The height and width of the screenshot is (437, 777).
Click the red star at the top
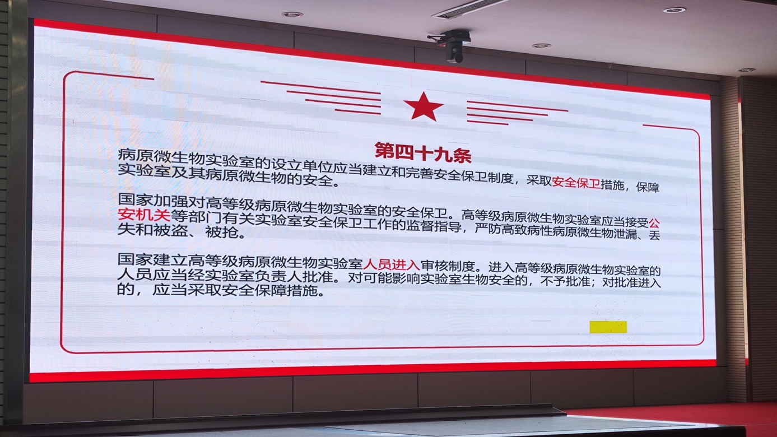point(423,106)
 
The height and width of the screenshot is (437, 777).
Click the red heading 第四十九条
point(423,153)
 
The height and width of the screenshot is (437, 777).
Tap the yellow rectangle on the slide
point(608,327)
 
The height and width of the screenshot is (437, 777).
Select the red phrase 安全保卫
point(576,183)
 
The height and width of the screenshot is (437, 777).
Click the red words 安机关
point(144,215)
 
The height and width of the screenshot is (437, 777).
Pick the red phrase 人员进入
point(392,265)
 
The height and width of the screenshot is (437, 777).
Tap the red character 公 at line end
point(654,222)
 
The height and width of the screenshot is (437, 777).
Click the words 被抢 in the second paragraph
point(222,232)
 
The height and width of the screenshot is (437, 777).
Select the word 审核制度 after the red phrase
point(448,266)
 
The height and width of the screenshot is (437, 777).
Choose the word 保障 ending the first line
point(648,187)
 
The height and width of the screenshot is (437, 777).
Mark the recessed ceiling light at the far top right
point(674,10)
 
